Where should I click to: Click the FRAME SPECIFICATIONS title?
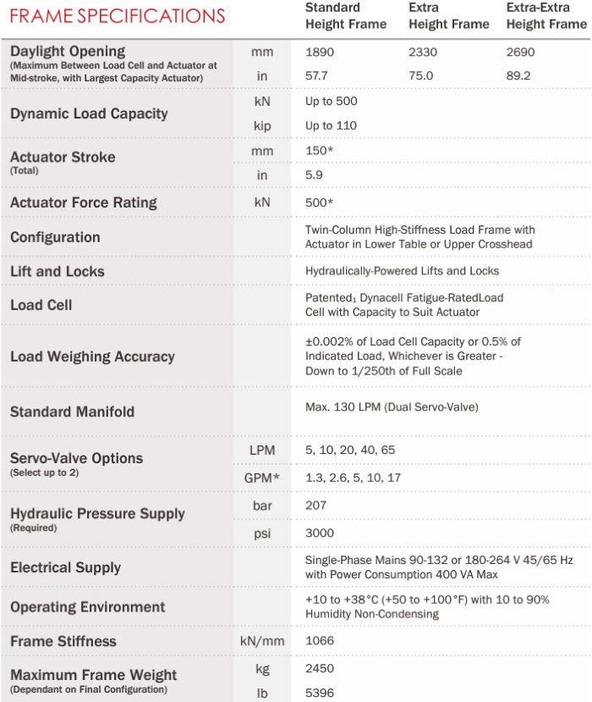pyautogui.click(x=118, y=15)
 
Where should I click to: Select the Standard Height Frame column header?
pyautogui.click(x=345, y=16)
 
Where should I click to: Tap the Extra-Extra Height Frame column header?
pyautogui.click(x=545, y=16)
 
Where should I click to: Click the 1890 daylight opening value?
pyautogui.click(x=320, y=53)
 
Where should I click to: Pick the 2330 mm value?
pyautogui.click(x=423, y=53)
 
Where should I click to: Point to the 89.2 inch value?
pyautogui.click(x=518, y=75)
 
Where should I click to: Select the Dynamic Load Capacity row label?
pyautogui.click(x=89, y=113)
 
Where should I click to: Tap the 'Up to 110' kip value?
pyautogui.click(x=331, y=125)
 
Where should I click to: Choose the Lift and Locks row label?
pyautogui.click(x=58, y=272)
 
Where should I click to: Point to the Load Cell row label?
pyautogui.click(x=41, y=305)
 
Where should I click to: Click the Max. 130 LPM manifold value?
pyautogui.click(x=392, y=407)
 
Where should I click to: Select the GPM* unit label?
pyautogui.click(x=261, y=478)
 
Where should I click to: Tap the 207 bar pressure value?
pyautogui.click(x=316, y=504)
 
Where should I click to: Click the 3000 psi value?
pyautogui.click(x=320, y=533)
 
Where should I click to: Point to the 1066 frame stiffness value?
pyautogui.click(x=320, y=641)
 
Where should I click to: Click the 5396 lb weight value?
pyautogui.click(x=320, y=693)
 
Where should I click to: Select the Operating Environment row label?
pyautogui.click(x=88, y=607)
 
